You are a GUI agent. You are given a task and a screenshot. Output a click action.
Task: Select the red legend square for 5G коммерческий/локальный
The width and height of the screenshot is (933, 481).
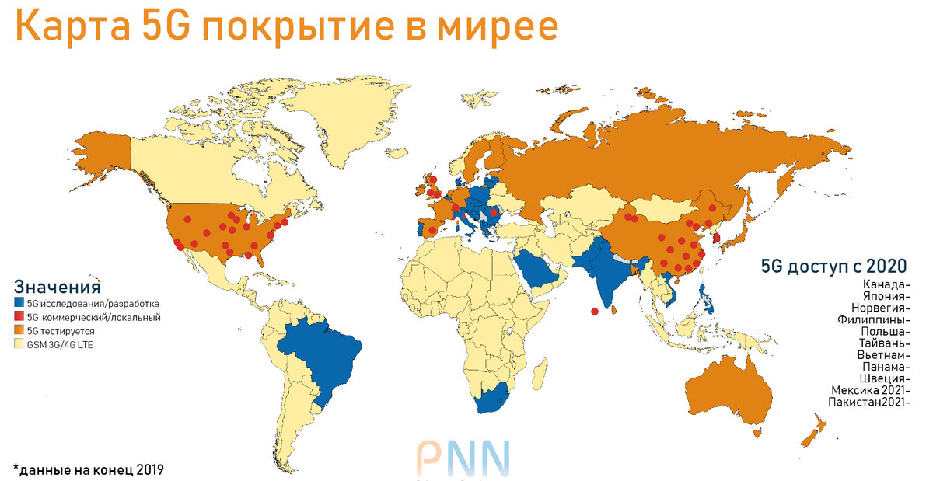pyautogui.click(x=19, y=317)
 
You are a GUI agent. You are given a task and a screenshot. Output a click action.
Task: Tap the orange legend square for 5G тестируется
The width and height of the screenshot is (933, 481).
pyautogui.click(x=19, y=330)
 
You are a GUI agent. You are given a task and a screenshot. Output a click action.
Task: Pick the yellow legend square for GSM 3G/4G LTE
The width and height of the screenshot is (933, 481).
pyautogui.click(x=19, y=343)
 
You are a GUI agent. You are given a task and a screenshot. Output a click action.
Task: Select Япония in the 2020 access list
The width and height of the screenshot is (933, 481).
pyautogui.click(x=883, y=295)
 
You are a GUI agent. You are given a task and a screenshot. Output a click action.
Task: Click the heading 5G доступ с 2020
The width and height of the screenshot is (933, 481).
pyautogui.click(x=833, y=267)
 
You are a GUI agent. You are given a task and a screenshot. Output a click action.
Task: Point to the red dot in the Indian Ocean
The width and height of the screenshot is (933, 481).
pyautogui.click(x=595, y=312)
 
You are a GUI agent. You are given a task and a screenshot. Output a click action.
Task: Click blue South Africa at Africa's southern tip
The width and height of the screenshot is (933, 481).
pyautogui.click(x=490, y=401)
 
